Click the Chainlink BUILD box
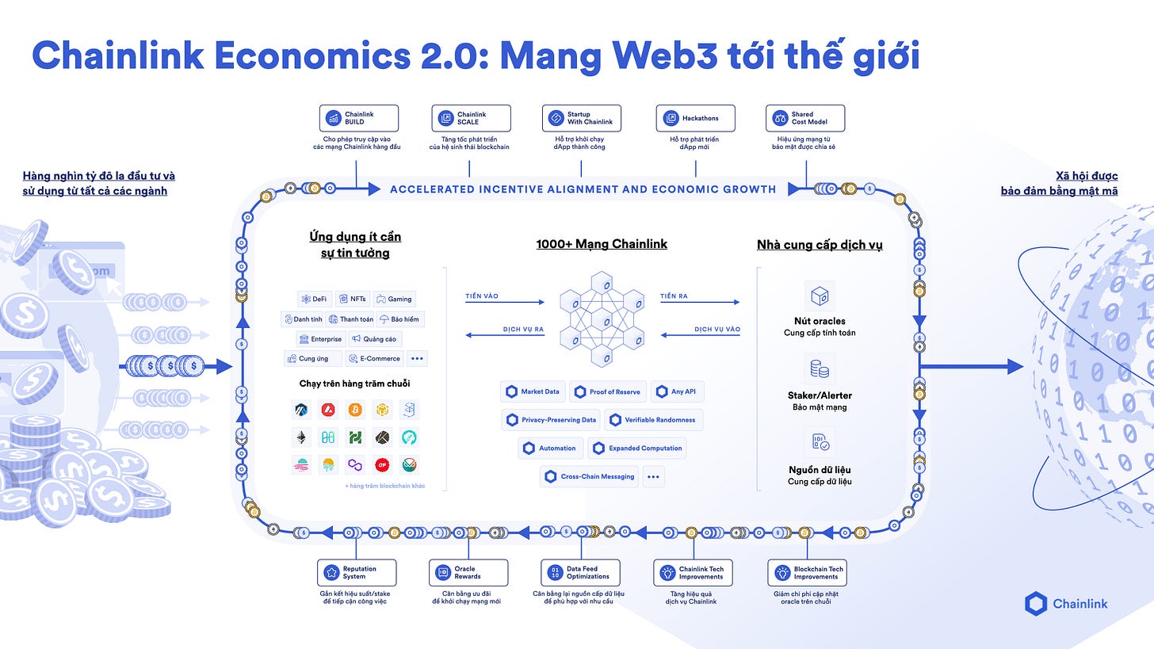(359, 118)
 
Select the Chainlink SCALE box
(472, 118)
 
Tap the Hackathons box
(695, 118)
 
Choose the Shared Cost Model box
(805, 118)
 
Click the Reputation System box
(357, 572)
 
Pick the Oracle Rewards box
(468, 572)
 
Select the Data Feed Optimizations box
(581, 572)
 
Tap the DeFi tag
(314, 299)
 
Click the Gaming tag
(394, 299)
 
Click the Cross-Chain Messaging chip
(589, 476)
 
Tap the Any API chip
(677, 391)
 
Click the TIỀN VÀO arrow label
(482, 296)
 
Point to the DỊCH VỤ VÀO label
(717, 329)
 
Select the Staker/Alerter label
(820, 395)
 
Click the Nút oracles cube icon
(820, 296)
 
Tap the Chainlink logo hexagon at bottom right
(1036, 604)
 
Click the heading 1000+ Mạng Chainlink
(602, 244)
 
